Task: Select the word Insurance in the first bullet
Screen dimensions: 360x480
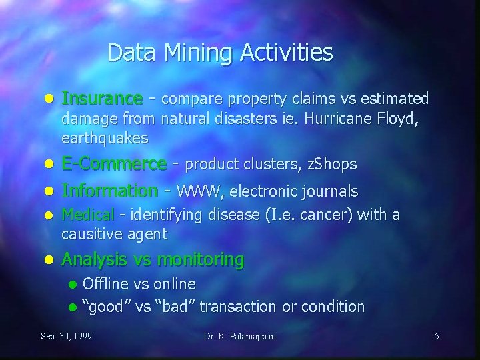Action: coord(101,99)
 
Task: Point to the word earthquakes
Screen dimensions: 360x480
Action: coord(104,139)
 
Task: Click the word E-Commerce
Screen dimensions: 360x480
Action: coord(114,163)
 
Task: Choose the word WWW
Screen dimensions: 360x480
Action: coord(201,192)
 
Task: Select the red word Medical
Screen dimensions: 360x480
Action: coord(87,215)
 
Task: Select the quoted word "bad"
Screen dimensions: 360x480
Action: coord(177,307)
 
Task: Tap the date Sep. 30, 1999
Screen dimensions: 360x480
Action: coord(67,336)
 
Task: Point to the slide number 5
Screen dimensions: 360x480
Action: coord(437,336)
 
